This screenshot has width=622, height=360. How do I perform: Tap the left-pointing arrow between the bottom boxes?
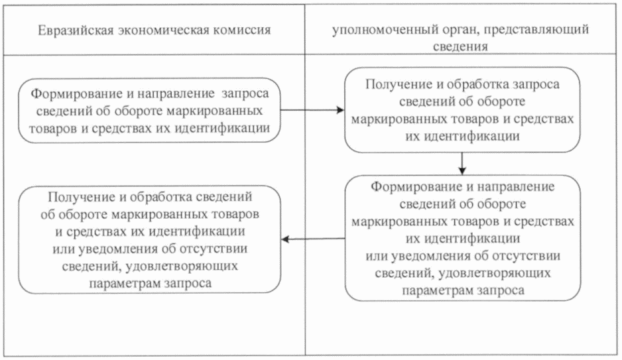(312, 238)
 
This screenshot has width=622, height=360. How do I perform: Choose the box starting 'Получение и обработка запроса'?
(462, 110)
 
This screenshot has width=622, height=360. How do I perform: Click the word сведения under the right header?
(463, 47)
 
